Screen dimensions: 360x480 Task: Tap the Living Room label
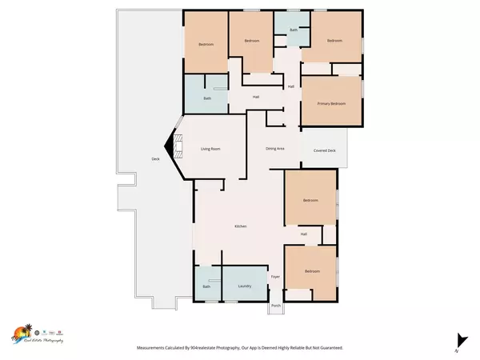coord(210,149)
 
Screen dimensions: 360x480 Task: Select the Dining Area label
coord(276,149)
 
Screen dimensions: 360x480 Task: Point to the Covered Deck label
coord(324,150)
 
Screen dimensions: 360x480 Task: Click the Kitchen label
coord(240,227)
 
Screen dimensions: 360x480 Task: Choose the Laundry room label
coord(245,286)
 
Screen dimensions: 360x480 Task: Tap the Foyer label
coord(274,277)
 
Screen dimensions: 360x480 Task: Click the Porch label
coord(275,306)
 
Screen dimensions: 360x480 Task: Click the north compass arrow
coord(458,339)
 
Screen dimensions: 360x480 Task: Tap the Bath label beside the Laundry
coord(206,286)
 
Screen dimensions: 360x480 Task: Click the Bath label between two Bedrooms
coord(293,30)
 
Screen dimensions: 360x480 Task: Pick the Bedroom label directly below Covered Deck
coord(310,200)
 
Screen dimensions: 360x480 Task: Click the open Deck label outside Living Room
coord(155,159)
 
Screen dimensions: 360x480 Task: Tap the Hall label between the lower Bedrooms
coord(303,234)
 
